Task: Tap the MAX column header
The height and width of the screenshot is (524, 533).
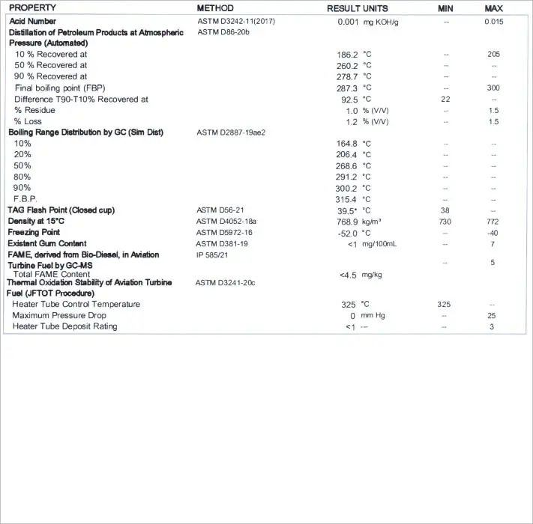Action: (493, 7)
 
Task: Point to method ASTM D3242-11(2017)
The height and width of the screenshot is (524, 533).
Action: (235, 22)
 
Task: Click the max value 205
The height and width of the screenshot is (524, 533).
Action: (493, 55)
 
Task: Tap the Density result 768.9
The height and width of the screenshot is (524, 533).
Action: (346, 222)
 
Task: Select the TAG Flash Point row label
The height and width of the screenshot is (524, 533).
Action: (61, 210)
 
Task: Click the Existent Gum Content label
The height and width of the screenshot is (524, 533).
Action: (47, 244)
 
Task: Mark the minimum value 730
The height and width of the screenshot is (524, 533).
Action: (445, 222)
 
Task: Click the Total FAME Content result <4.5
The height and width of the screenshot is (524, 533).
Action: (347, 275)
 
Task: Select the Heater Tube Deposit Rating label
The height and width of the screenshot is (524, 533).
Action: (65, 326)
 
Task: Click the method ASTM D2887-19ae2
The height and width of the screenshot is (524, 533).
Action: (230, 132)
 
